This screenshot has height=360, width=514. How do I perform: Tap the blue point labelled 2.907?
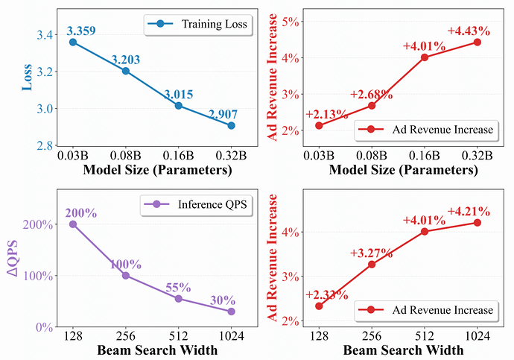coord(232,125)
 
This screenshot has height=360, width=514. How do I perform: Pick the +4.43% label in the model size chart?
coord(469,31)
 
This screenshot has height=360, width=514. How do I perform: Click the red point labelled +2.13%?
coord(319,125)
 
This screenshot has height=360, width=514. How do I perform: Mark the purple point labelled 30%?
coord(232,312)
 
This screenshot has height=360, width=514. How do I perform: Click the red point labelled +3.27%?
coord(371,264)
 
